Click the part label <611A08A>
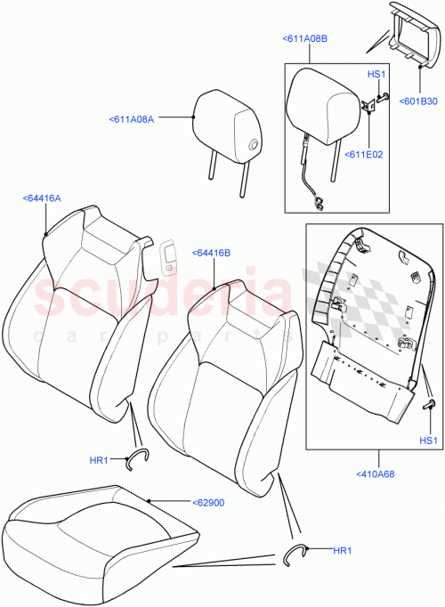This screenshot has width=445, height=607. pos(132,117)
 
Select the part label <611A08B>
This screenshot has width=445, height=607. pos(304,39)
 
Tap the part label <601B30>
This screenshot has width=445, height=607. pos(418,101)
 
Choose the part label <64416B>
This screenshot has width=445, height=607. pos(211,253)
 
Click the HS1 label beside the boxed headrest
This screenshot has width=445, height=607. pos(376,75)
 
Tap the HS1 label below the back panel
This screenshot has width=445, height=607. pos(429,441)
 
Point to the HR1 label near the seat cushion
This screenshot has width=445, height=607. pos(342,552)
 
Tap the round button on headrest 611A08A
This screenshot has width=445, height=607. pos(254,145)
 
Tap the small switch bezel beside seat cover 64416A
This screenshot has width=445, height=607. pos(168,257)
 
